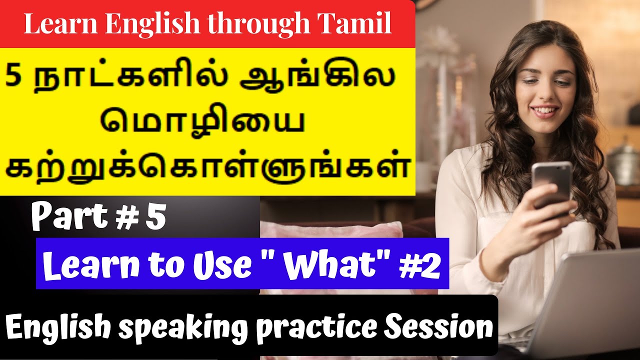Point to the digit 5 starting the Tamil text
click(14, 80)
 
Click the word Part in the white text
click(71, 218)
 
